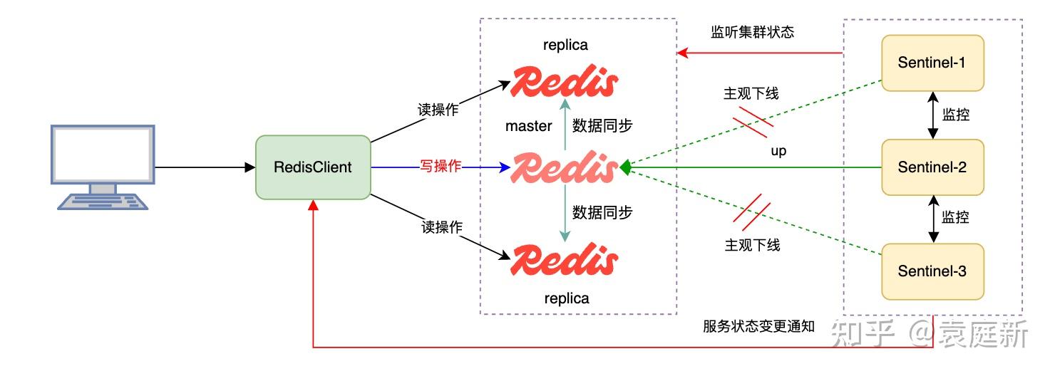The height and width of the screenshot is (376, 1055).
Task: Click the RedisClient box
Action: pos(313,167)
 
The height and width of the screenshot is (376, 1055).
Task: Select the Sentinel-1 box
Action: pos(932,63)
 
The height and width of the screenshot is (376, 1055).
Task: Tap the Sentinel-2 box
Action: pos(932,167)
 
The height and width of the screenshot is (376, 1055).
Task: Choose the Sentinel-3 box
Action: pos(932,271)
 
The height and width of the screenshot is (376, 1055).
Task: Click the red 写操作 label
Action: pos(441,167)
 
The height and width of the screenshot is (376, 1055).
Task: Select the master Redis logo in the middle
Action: pos(564,168)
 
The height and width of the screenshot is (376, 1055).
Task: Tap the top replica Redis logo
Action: pos(564,82)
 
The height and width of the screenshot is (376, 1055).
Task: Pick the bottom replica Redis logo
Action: pos(564,260)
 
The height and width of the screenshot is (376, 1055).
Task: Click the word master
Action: pos(529,126)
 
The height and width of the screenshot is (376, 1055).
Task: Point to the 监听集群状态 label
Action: pos(752,32)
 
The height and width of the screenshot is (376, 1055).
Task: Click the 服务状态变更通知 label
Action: pos(758,326)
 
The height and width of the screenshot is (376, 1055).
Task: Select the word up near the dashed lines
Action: pos(778,151)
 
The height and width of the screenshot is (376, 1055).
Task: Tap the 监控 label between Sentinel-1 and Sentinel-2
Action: pos(955,115)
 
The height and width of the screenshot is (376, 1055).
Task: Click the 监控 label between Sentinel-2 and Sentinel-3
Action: pos(955,217)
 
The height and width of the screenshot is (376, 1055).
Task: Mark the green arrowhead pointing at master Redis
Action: pos(625,167)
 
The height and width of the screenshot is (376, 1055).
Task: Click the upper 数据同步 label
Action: pos(602,125)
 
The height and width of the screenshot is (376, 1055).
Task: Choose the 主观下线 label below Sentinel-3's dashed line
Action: pos(752,245)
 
